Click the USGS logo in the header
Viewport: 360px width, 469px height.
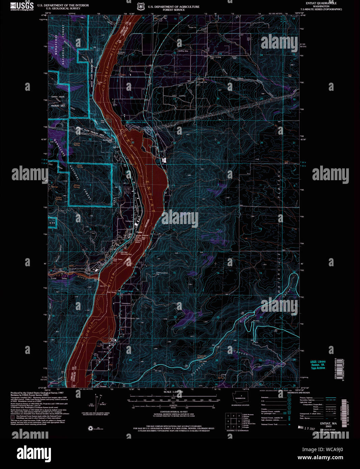coord(22,6)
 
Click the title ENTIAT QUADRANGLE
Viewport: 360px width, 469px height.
coord(321,3)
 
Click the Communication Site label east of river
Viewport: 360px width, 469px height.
coord(162,274)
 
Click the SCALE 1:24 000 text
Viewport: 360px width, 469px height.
coord(173,392)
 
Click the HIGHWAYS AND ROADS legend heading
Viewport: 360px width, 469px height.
coord(298,393)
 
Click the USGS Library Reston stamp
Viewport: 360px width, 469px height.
coord(318,365)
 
